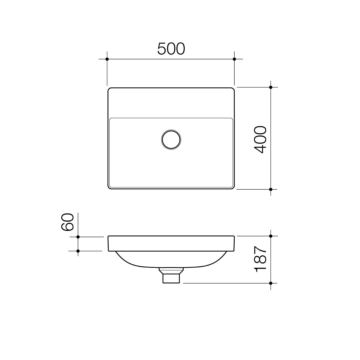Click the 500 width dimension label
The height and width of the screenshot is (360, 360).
pyautogui.click(x=171, y=49)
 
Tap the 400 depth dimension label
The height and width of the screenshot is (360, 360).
pyautogui.click(x=261, y=139)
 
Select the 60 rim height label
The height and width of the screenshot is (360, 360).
pyautogui.click(x=67, y=222)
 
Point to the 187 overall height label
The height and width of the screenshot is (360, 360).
pyautogui.click(x=261, y=259)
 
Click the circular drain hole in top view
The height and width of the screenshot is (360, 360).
pyautogui.click(x=171, y=139)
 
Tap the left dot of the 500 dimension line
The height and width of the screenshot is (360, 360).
pyautogui.click(x=107, y=59)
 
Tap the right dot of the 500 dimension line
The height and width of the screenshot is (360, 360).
pyautogui.click(x=234, y=59)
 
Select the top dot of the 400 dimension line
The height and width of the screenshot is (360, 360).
pyautogui.click(x=271, y=87)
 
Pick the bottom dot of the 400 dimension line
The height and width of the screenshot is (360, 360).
pyautogui.click(x=271, y=189)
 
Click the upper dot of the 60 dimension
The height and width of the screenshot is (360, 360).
pyautogui.click(x=78, y=237)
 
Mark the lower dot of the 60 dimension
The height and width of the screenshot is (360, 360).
pyautogui.click(x=78, y=251)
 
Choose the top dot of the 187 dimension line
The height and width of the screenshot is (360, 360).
pyautogui.click(x=271, y=236)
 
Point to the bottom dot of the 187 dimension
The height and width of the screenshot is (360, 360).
pyautogui.click(x=271, y=283)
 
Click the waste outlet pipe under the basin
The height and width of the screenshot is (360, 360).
pyautogui.click(x=171, y=277)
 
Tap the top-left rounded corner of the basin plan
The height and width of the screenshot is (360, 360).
pyautogui.click(x=110, y=90)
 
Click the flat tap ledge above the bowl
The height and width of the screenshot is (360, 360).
pyautogui.click(x=171, y=103)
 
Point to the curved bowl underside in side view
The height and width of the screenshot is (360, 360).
pyautogui.click(x=133, y=263)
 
